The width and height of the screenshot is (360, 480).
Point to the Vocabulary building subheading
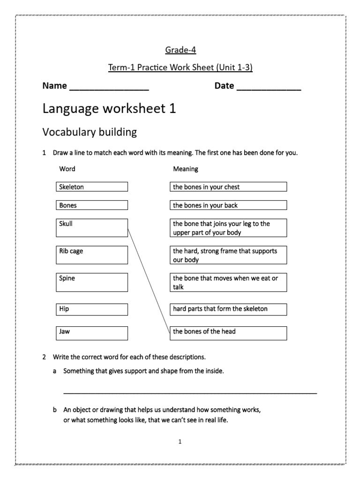[x=90, y=132]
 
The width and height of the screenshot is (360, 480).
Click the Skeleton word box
[x=91, y=187]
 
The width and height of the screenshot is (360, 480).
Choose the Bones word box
[x=91, y=205]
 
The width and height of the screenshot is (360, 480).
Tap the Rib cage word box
[x=91, y=255]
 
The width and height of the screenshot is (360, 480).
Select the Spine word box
[x=91, y=282]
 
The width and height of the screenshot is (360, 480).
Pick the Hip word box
[x=91, y=309]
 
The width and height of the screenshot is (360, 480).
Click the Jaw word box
[x=91, y=333]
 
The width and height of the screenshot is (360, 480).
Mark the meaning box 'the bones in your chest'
[x=228, y=187]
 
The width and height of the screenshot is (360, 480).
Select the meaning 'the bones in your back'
[x=228, y=205]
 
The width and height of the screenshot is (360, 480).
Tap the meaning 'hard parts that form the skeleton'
[x=228, y=309]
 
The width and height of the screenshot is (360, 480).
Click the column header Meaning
[x=186, y=169]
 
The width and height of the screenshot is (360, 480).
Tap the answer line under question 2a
[x=190, y=392]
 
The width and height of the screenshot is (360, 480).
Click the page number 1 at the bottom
[x=180, y=442]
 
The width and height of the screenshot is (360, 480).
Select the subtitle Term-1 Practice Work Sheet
[x=180, y=68]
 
